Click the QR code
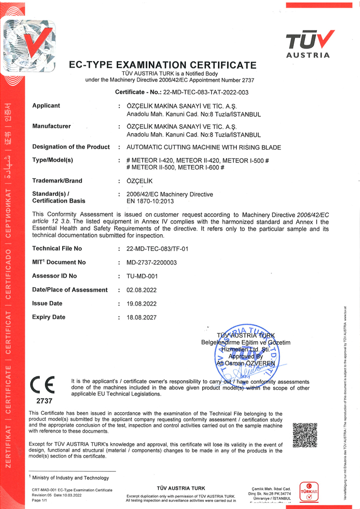[305, 434]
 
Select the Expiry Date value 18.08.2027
[137, 317]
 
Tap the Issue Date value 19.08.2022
[137, 303]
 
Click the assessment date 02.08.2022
[137, 290]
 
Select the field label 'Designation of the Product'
[71, 147]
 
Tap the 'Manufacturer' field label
[51, 126]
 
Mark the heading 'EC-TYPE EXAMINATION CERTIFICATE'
[162, 65]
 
